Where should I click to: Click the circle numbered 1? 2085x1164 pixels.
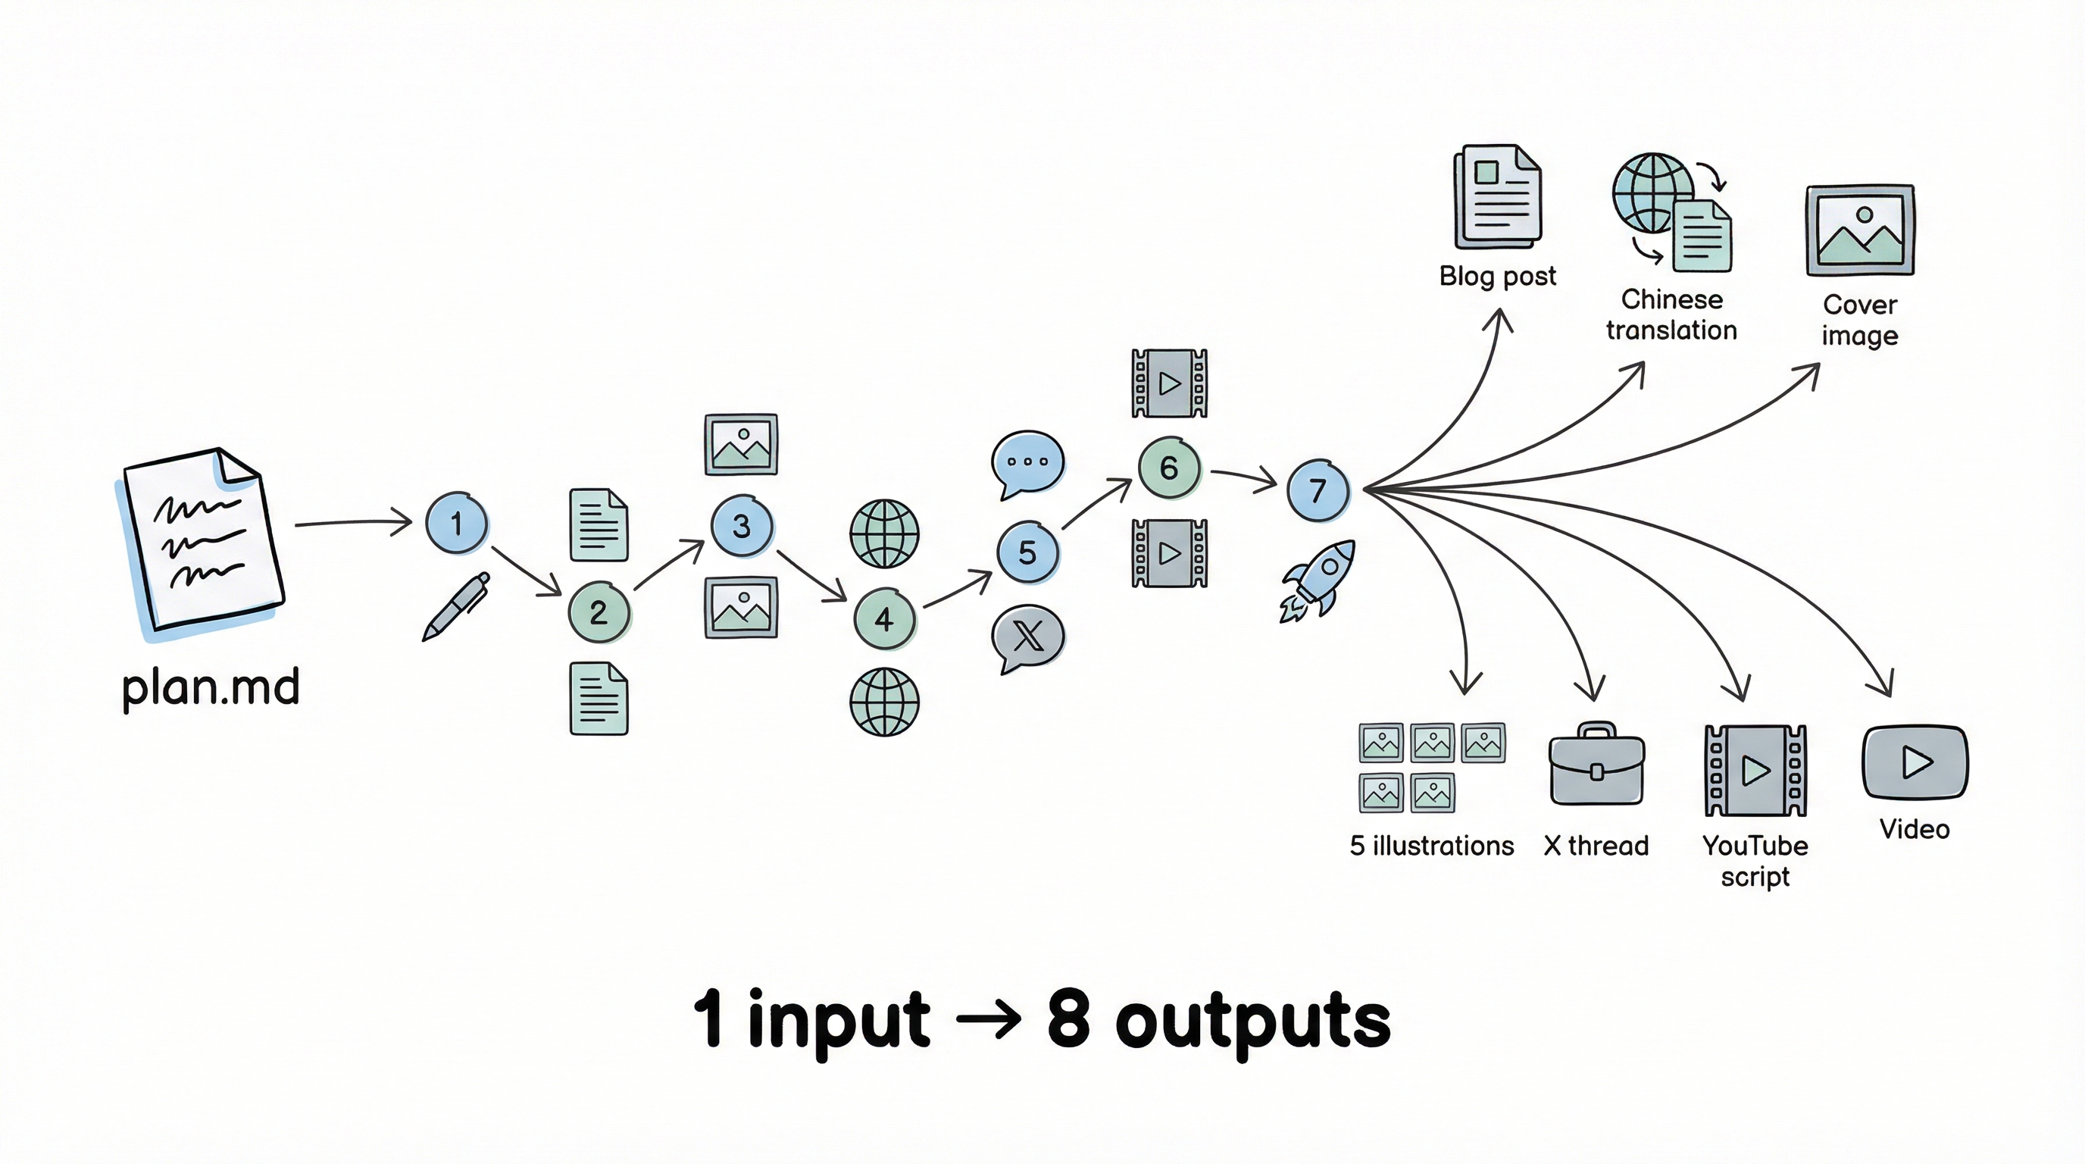click(457, 523)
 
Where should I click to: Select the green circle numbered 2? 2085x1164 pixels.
click(599, 612)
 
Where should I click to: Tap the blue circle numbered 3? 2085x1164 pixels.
click(742, 525)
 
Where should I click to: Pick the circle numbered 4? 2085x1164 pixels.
click(884, 619)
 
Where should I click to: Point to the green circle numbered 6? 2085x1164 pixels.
click(1169, 467)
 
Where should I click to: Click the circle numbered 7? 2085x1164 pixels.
click(1318, 490)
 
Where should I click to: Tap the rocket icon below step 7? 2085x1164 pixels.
click(1318, 580)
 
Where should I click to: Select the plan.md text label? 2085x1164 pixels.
click(211, 687)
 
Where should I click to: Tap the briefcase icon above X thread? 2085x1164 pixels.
click(1596, 765)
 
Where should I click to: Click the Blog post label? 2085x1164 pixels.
click(1497, 276)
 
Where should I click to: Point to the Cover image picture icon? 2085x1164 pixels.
click(1860, 230)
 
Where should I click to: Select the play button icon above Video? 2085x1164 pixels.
click(1915, 762)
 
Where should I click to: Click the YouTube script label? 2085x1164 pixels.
click(1755, 860)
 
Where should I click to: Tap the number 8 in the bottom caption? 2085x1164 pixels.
click(1068, 1018)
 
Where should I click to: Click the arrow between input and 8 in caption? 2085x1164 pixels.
click(988, 1019)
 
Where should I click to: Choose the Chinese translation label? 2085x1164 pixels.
click(1671, 315)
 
